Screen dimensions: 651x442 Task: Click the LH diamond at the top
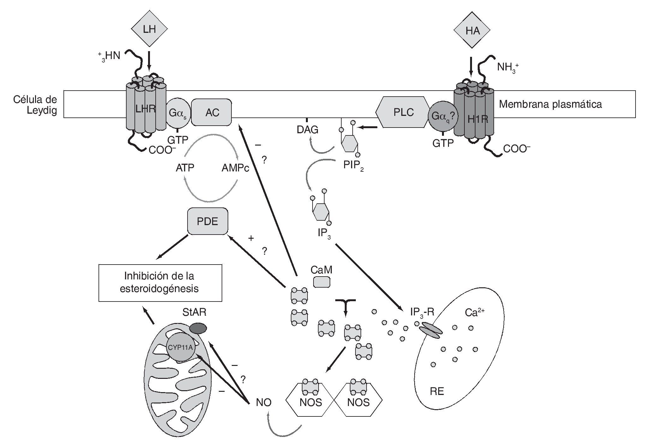pos(149,29)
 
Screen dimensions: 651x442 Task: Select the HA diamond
pos(472,31)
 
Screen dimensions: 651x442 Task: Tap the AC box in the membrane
pos(212,112)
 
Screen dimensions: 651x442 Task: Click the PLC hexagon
pos(403,112)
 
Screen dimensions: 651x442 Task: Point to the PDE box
pos(207,221)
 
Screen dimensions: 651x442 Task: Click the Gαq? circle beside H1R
pos(442,116)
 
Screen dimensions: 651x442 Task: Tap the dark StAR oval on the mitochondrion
pos(198,329)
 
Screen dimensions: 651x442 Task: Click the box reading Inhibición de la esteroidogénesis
pos(160,283)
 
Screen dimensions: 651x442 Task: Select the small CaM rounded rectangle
pos(322,282)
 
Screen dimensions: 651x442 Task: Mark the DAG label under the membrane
pos(307,129)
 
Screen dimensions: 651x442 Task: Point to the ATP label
pos(185,168)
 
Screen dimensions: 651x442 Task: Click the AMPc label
pos(235,168)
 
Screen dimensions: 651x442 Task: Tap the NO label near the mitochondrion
pos(264,402)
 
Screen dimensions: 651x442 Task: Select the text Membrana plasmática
pos(550,104)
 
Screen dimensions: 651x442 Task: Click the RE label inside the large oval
pos(437,391)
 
